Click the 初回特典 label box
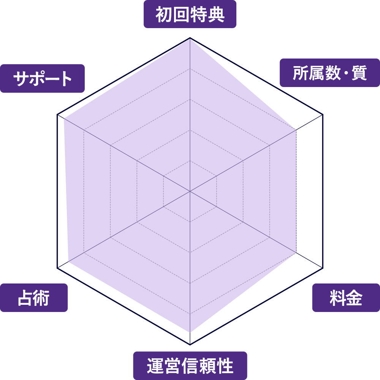click(190, 14)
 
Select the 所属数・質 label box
click(330, 73)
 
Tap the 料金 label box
click(346, 298)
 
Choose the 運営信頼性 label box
click(190, 366)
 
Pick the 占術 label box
click(34, 298)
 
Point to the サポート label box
click(43, 79)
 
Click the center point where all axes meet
click(190, 191)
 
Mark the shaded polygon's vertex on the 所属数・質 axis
click(296, 130)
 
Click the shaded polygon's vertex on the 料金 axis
click(296, 253)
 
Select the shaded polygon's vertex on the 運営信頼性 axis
click(190, 332)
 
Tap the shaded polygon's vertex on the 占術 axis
click(68, 261)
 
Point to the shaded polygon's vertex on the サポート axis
click(64, 118)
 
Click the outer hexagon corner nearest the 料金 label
click(323, 268)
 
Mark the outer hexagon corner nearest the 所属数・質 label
click(323, 114)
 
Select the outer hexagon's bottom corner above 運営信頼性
click(190, 344)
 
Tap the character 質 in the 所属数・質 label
click(359, 73)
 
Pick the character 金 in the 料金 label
click(354, 298)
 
